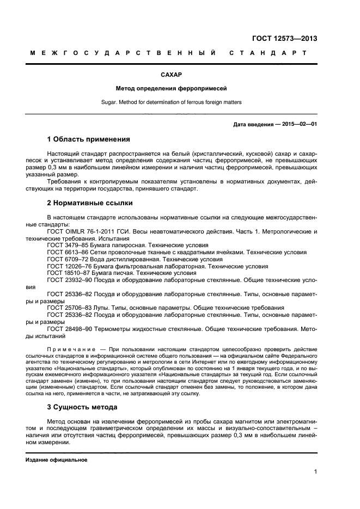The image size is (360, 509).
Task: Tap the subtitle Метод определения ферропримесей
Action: click(171, 88)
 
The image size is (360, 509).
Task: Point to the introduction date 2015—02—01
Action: click(298, 124)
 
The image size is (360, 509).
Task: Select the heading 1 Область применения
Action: click(89, 139)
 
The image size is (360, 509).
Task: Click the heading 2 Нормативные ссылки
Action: click(90, 203)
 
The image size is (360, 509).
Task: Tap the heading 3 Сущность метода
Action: click(86, 407)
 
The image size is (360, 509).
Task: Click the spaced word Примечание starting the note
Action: click(71, 348)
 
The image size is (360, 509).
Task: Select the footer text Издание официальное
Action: click(57, 460)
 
